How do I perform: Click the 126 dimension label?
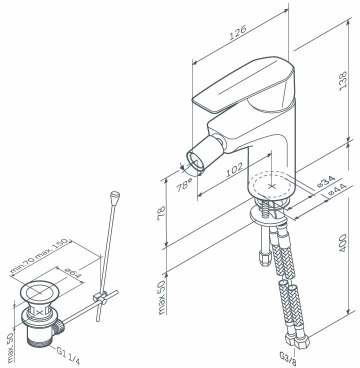(237, 32)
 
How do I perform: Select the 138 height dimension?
(343, 80)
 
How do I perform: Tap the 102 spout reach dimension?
(234, 169)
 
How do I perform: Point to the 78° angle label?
(184, 185)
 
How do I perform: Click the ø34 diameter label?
(326, 181)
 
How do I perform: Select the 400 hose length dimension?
(343, 243)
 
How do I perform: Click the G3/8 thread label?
(288, 358)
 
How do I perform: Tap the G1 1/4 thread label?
(68, 356)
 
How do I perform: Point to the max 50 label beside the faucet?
(161, 297)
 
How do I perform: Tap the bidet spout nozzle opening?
(195, 161)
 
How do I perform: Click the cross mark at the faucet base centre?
(272, 186)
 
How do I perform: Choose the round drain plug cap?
(40, 292)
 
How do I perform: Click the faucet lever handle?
(243, 84)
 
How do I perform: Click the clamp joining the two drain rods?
(100, 297)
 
